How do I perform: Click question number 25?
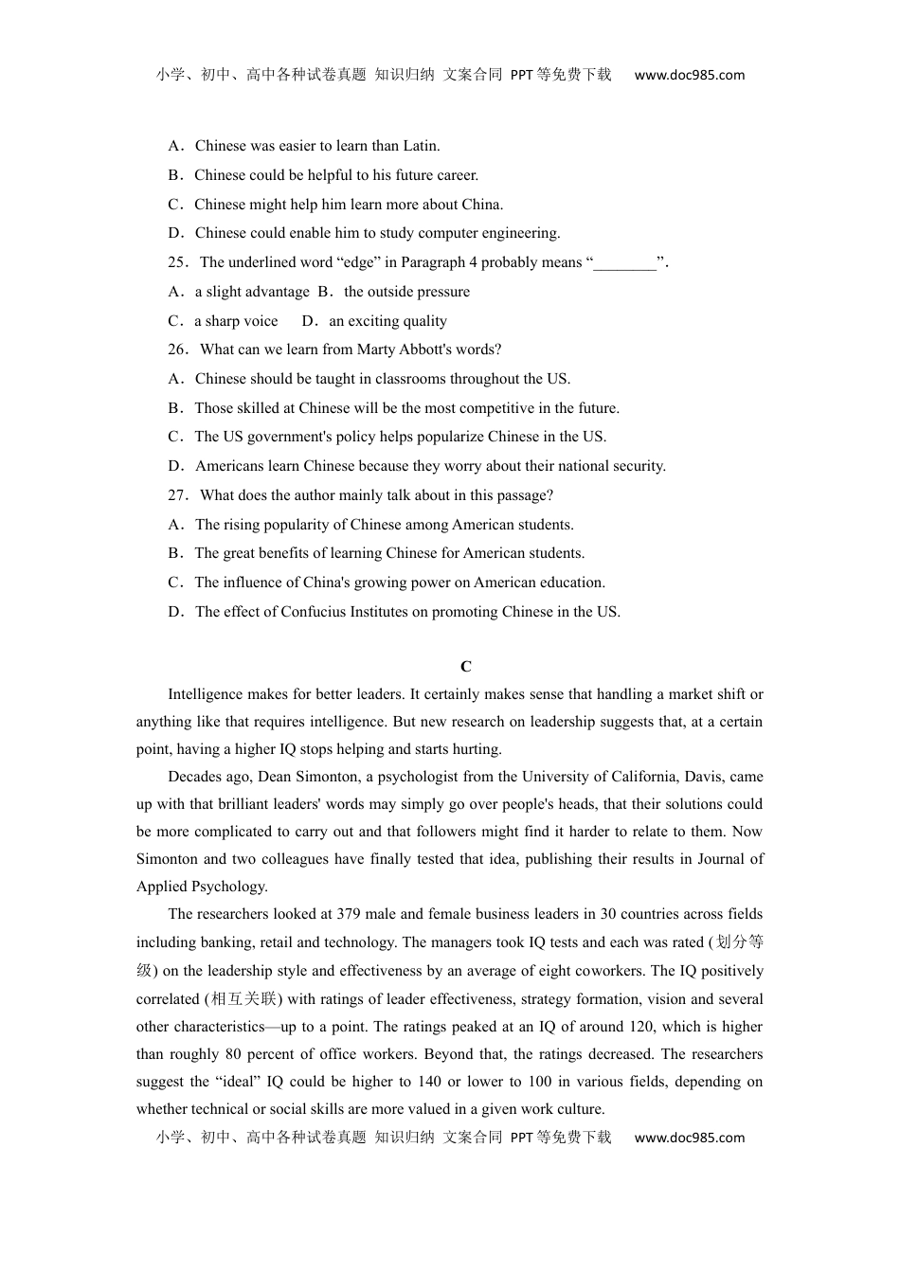point(178,262)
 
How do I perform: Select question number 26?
point(178,350)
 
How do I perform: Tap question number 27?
point(178,495)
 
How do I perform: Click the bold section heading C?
point(466,667)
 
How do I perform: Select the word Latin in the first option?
point(420,146)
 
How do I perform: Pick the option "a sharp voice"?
point(236,321)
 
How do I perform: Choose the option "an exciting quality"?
point(387,321)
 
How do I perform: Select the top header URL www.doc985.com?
point(689,75)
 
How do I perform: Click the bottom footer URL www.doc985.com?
point(689,1138)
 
